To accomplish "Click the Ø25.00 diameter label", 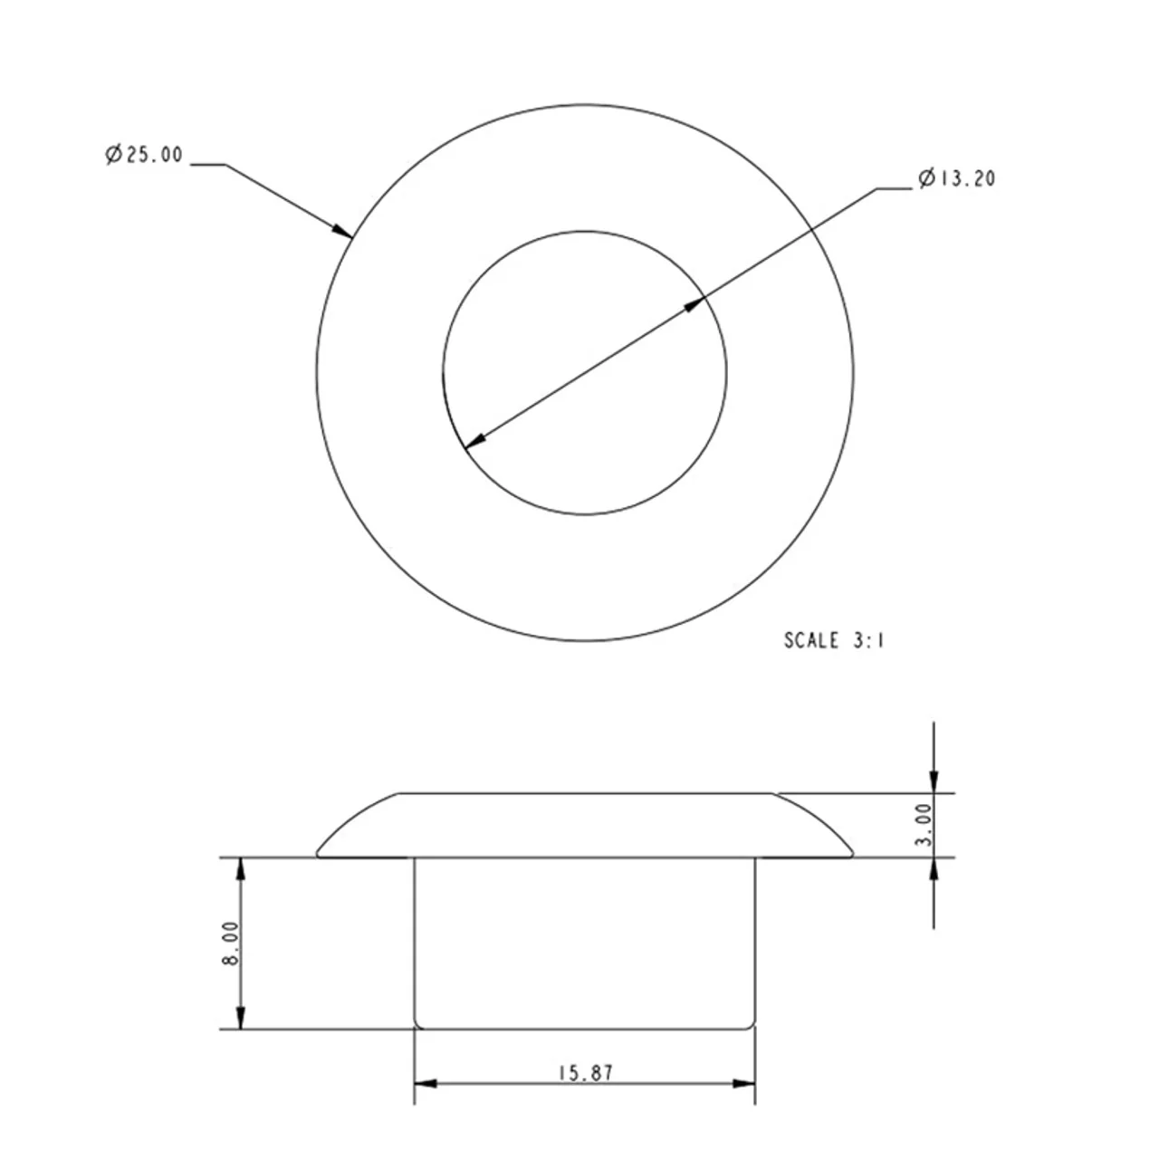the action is [x=144, y=155].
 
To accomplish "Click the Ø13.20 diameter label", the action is [x=957, y=178].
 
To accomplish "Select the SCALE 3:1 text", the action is [x=834, y=640].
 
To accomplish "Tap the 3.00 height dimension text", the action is [x=924, y=825].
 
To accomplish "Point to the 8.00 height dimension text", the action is [x=230, y=943].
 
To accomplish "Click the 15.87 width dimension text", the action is [x=586, y=1073].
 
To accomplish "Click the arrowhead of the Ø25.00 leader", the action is [x=343, y=230].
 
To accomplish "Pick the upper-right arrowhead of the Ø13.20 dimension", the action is [x=694, y=303].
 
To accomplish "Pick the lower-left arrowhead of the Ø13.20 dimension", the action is [x=475, y=440].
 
